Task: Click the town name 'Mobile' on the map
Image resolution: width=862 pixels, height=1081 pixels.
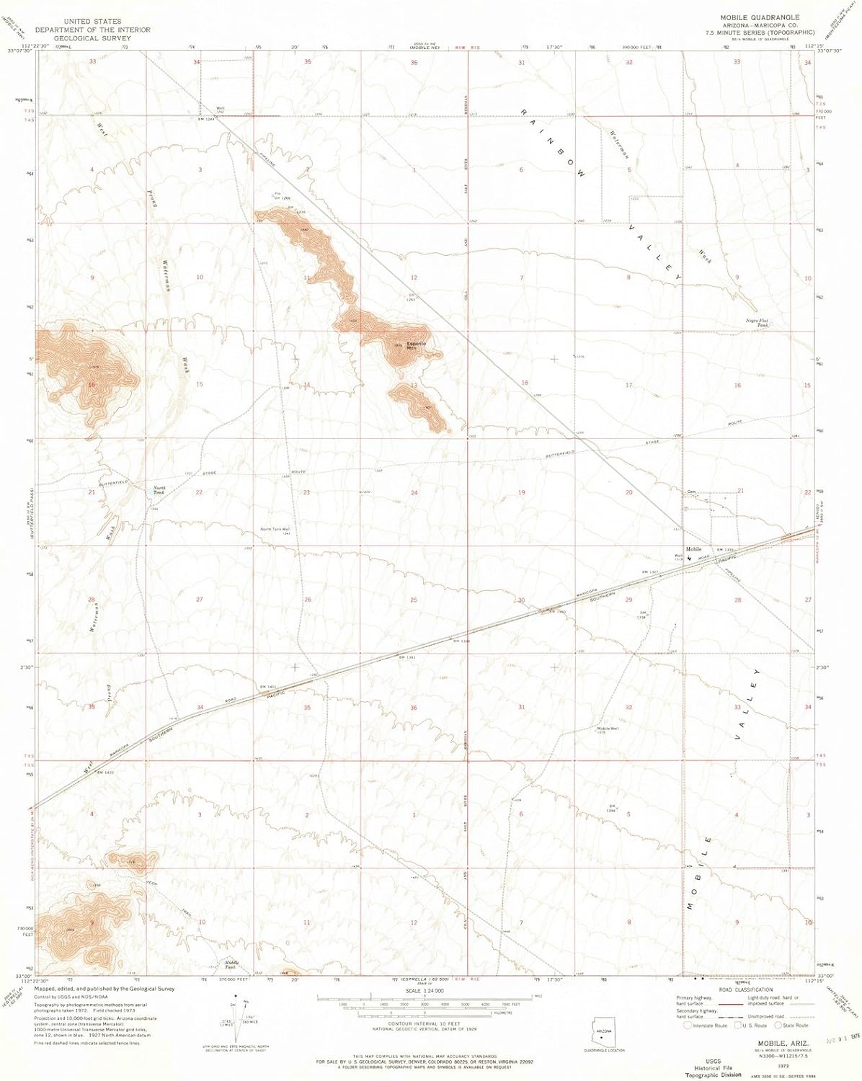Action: (694, 549)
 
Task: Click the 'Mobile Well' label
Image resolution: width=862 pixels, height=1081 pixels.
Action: (608, 729)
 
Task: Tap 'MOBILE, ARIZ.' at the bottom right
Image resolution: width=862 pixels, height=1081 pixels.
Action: (783, 1041)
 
